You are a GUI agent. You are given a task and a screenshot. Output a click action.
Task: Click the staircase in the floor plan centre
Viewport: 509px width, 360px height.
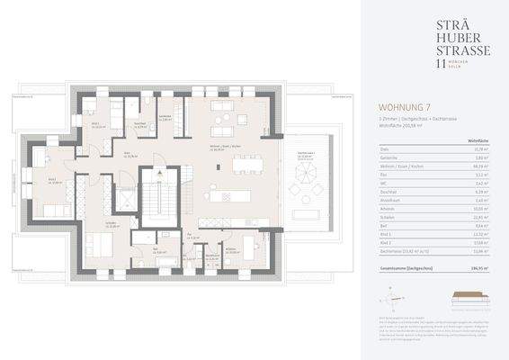154,195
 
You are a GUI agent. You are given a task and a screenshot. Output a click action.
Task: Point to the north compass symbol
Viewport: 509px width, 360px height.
390,294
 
